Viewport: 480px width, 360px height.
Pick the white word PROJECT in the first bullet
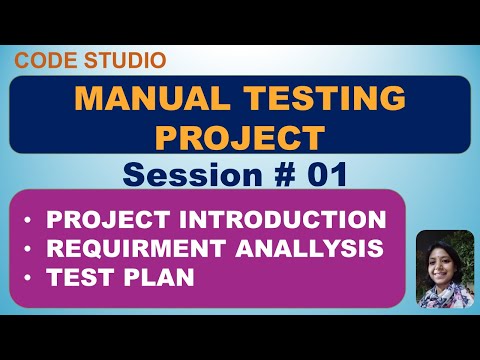pyautogui.click(x=122, y=219)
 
